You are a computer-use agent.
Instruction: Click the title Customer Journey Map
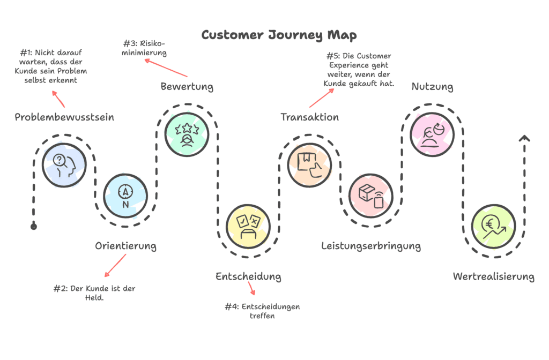(x=279, y=35)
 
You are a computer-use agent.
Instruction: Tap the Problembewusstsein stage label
(x=64, y=117)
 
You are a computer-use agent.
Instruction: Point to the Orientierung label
(x=126, y=246)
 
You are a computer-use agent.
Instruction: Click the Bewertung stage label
(x=187, y=86)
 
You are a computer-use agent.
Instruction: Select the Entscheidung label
(x=248, y=276)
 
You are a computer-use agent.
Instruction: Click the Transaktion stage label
(x=310, y=117)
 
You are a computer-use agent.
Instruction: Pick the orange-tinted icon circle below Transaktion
(x=310, y=164)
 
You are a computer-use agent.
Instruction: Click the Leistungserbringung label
(x=371, y=246)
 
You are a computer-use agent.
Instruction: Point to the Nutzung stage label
(x=432, y=86)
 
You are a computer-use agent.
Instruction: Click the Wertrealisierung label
(x=493, y=276)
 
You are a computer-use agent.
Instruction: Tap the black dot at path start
(x=34, y=227)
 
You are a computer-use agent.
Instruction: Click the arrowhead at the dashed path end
(x=524, y=139)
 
